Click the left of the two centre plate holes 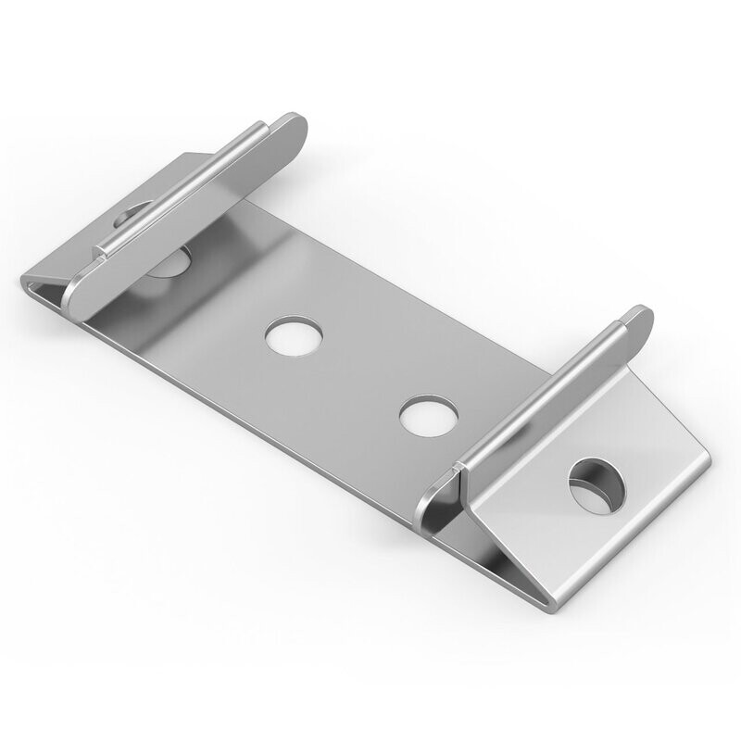click(x=295, y=334)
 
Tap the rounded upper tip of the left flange click(x=295, y=125)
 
